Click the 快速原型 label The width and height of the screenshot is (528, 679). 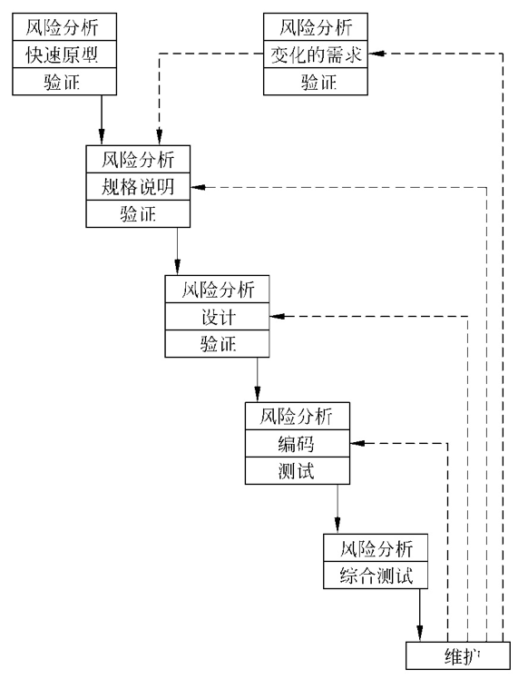coord(66,55)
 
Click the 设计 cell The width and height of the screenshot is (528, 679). coord(218,317)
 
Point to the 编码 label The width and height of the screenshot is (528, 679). coord(297,444)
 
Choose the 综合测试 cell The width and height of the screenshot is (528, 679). coord(376,575)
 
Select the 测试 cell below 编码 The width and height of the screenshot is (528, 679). coord(297,471)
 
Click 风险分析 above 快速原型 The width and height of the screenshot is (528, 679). coord(66,27)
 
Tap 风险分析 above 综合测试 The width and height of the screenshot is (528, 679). coord(376,548)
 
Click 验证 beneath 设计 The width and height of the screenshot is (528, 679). coord(218,343)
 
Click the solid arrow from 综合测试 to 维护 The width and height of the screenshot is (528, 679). coord(420,617)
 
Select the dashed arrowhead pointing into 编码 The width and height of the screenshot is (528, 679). coord(357,444)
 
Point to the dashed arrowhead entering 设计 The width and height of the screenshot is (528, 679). coord(278,317)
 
